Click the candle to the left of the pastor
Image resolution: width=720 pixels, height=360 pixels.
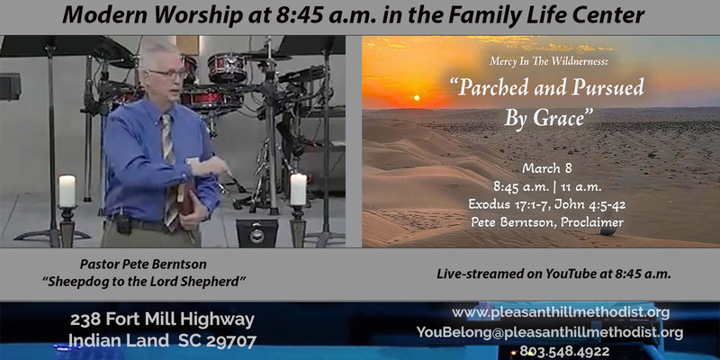(67, 191)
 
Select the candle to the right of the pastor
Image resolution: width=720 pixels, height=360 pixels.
(298, 189)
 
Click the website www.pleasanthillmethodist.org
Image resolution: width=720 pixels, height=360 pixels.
(561, 312)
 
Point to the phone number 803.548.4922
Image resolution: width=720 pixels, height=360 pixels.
(565, 351)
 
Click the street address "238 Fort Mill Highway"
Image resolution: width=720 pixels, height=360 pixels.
(163, 319)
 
